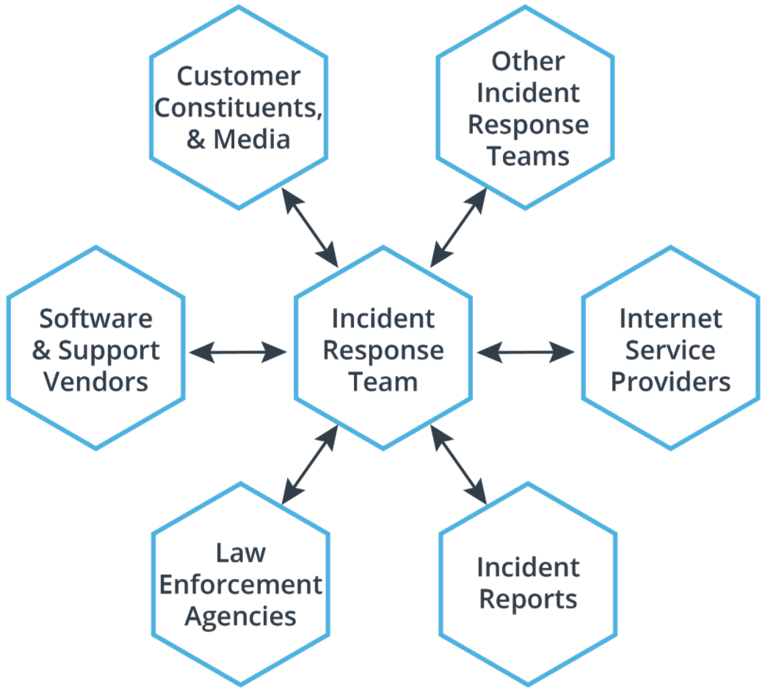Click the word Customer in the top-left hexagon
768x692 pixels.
point(239,76)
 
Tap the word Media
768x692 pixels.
point(253,139)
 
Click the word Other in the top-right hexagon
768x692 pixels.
point(528,62)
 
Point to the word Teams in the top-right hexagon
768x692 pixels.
point(528,156)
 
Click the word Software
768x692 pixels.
point(95,319)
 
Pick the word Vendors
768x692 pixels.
point(95,382)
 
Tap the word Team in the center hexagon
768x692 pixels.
point(383,382)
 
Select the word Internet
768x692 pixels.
point(670,319)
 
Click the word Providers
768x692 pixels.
point(670,382)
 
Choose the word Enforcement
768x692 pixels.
point(240,585)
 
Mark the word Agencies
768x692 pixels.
point(240,616)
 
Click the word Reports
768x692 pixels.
point(528,600)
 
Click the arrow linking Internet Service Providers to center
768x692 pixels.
point(526,352)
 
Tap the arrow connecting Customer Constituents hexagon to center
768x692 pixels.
point(311,227)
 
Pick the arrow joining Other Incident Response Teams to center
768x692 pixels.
point(457,227)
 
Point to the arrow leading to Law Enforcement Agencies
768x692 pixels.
point(310,465)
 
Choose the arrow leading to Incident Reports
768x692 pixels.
point(459,465)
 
